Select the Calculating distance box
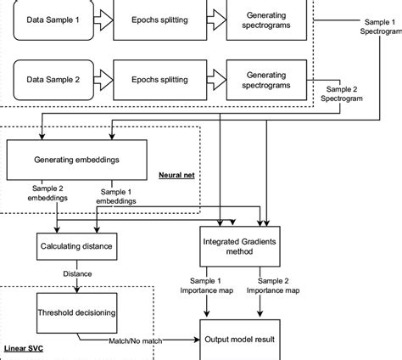click(x=76, y=247)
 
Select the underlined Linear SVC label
click(x=26, y=349)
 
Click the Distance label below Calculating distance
click(x=78, y=273)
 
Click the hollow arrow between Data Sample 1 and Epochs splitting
click(x=103, y=17)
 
